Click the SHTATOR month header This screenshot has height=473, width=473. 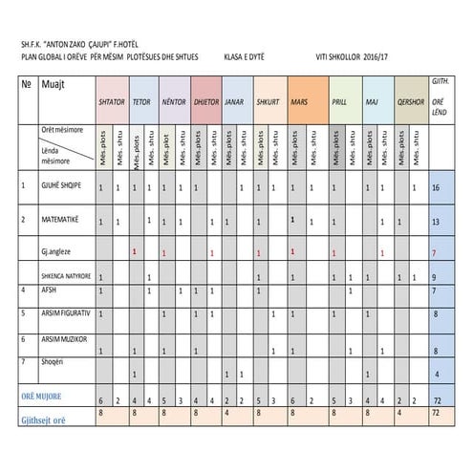111,101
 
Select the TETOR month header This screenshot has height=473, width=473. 141,101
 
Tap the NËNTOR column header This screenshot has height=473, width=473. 174,101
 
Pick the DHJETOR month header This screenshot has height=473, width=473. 206,101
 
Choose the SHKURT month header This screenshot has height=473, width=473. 269,101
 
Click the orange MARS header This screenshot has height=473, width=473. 299,101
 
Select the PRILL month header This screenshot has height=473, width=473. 339,101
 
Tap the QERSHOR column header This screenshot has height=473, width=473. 411,101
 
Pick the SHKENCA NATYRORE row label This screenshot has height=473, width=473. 64,276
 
